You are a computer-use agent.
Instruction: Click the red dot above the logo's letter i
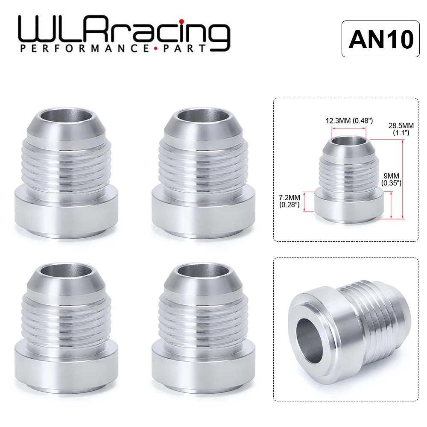pos(181,21)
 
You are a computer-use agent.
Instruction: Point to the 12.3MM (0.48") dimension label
pos(348,121)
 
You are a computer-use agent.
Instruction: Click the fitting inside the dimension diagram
pos(348,179)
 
